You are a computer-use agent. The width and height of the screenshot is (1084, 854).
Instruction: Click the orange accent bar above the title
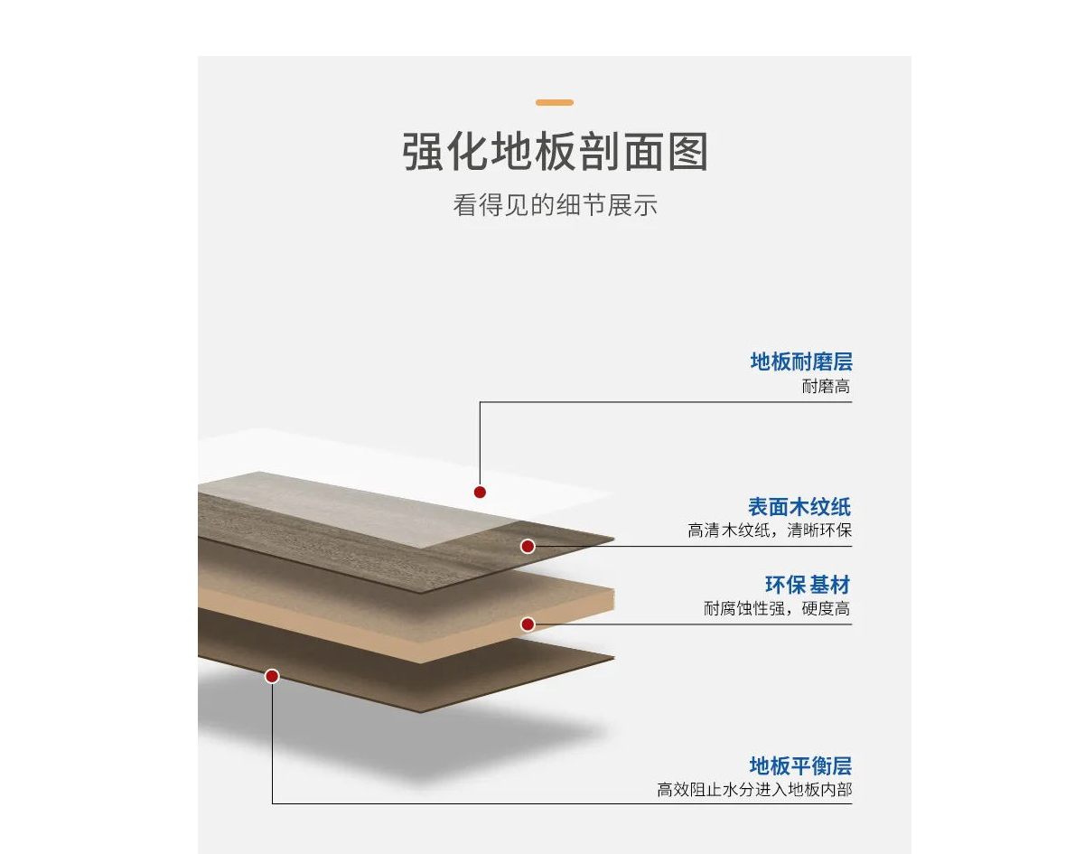click(554, 102)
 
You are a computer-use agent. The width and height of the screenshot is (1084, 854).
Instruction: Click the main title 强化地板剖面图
click(555, 151)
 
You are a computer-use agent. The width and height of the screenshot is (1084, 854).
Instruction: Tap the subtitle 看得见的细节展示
click(555, 204)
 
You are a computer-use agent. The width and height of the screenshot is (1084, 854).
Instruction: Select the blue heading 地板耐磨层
click(801, 361)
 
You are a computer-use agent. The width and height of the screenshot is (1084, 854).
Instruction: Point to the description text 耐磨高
click(826, 387)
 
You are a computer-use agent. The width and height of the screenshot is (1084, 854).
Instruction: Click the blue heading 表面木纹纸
click(799, 507)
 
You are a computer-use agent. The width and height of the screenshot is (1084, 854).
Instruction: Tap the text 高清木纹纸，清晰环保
click(770, 530)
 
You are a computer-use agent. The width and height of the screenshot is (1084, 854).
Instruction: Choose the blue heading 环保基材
click(808, 585)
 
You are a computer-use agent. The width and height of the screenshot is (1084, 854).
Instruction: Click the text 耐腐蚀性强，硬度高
click(777, 608)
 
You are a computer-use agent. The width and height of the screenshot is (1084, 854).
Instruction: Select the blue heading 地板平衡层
click(800, 765)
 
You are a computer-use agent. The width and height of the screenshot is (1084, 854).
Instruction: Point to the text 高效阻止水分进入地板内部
click(754, 790)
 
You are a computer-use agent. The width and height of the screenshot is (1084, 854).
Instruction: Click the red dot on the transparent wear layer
click(480, 492)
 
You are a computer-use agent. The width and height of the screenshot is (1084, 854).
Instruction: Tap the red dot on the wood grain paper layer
click(528, 546)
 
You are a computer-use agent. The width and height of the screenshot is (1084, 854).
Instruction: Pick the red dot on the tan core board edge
click(528, 624)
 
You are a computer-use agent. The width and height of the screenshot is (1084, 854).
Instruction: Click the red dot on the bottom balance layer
click(272, 676)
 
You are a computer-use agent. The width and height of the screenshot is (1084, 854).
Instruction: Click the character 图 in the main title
click(687, 151)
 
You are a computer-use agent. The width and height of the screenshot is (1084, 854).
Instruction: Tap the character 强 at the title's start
click(422, 151)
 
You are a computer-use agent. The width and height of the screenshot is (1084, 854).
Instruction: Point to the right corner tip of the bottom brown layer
click(614, 657)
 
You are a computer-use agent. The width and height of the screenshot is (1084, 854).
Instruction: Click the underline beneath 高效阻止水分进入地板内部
click(562, 803)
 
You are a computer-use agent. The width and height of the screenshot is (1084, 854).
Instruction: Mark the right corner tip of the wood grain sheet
click(614, 539)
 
